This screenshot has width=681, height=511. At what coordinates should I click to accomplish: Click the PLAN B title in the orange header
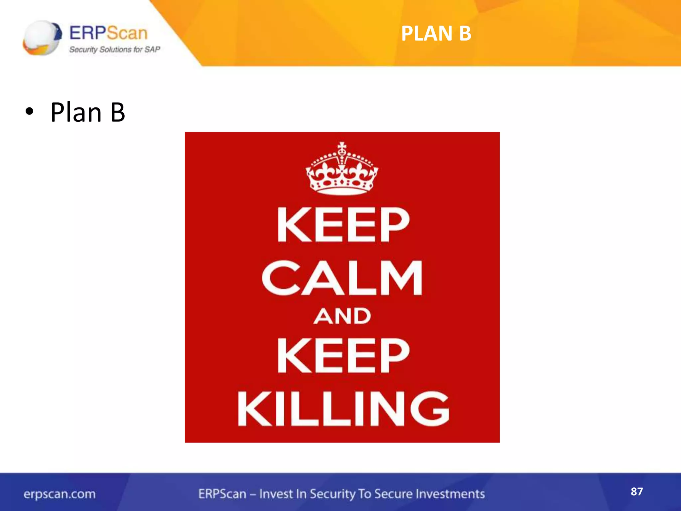[x=436, y=34]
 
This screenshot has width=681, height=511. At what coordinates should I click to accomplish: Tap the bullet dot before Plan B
[x=29, y=112]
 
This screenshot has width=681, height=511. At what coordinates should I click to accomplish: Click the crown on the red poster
[x=342, y=169]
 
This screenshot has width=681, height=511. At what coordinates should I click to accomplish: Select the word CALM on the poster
[x=342, y=278]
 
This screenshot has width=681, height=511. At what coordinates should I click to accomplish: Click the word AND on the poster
[x=342, y=316]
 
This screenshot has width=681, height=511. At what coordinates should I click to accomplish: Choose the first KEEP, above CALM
[x=343, y=225]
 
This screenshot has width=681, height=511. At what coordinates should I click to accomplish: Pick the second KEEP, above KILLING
[x=343, y=355]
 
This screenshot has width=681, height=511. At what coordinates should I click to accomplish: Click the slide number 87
[x=636, y=492]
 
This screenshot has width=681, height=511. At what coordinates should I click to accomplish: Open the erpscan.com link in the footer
[x=60, y=494]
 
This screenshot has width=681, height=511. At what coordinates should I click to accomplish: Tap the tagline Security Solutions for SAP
[x=115, y=50]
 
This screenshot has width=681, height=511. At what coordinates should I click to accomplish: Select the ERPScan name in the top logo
[x=108, y=33]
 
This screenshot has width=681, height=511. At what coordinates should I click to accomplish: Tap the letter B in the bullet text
[x=118, y=112]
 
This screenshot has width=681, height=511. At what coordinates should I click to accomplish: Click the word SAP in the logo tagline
[x=152, y=50]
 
